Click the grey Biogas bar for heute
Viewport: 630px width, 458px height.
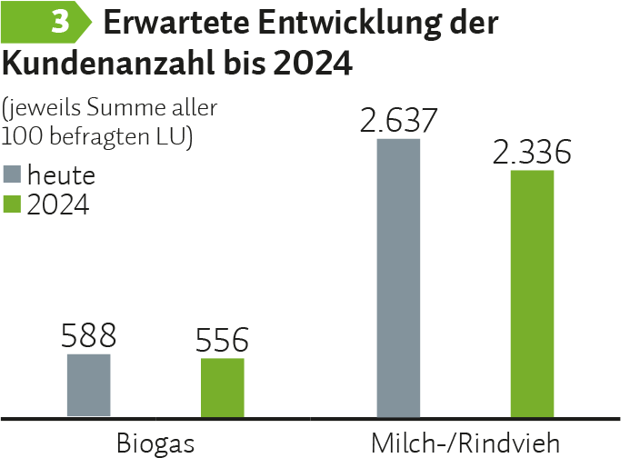pyautogui.click(x=89, y=386)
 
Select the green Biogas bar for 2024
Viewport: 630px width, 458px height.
pyautogui.click(x=223, y=388)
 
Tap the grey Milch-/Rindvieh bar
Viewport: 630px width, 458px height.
pyautogui.click(x=398, y=278)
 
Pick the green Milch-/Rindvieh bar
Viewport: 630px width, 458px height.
pyautogui.click(x=532, y=294)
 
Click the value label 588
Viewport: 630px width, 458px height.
pyautogui.click(x=89, y=337)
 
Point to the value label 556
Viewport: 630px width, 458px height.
pyautogui.click(x=222, y=342)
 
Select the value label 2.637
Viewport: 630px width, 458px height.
pyautogui.click(x=399, y=120)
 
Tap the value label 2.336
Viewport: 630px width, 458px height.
pyautogui.click(x=532, y=152)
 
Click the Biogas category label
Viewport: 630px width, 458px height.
pyautogui.click(x=155, y=443)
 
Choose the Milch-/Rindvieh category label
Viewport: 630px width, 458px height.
pyautogui.click(x=465, y=443)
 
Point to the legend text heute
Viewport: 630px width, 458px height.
pyautogui.click(x=61, y=174)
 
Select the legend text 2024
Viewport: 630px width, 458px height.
pyautogui.click(x=58, y=205)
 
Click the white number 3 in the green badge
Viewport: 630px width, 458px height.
pyautogui.click(x=61, y=24)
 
